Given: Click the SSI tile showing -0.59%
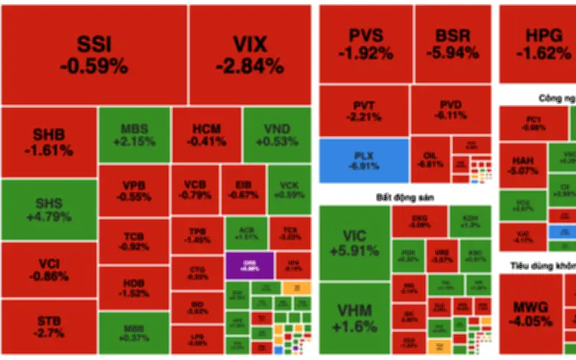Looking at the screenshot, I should pos(94,55).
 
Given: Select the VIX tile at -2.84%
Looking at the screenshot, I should pos(250,55).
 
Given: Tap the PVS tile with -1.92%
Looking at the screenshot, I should pos(366,44).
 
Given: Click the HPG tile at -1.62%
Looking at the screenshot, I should pos(533,44).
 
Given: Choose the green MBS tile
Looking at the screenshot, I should pos(133,135).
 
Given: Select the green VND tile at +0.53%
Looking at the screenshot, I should pos(277,135).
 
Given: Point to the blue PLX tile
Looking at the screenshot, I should pos(364,160).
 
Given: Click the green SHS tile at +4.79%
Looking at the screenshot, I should pos(48,210).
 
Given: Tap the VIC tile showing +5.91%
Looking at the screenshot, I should pos(353,243).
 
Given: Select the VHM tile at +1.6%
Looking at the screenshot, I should pos(353,318).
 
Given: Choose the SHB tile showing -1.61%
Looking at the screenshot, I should pos(48,143).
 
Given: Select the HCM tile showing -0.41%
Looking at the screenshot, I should pos(206,135).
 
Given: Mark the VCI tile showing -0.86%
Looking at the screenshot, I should pos(48,269).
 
